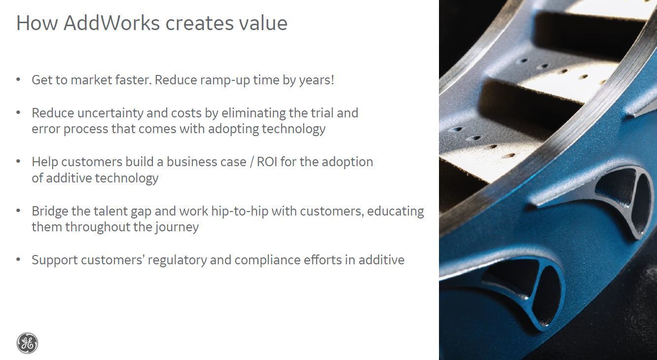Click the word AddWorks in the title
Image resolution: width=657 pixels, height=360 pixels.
(x=111, y=23)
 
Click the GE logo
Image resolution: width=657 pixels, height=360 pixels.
(x=27, y=343)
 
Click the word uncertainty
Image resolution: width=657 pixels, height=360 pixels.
(x=110, y=113)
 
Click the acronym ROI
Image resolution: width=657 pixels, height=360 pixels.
(x=267, y=162)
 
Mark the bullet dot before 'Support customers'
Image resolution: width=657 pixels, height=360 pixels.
(x=18, y=259)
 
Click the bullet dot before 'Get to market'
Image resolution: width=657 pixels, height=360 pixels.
(x=18, y=79)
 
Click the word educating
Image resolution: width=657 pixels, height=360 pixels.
(x=396, y=212)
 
